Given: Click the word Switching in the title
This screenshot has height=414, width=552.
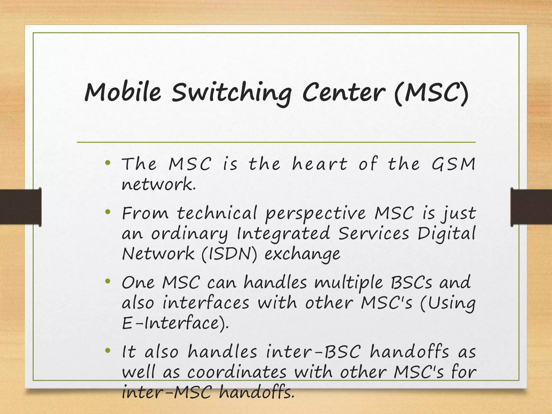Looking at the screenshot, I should [231, 93].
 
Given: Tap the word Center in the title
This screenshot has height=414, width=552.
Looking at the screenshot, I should [343, 92].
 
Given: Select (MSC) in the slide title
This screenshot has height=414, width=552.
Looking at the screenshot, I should [431, 92].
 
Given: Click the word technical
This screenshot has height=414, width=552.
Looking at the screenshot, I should [217, 213].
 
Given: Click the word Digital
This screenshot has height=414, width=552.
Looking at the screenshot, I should [446, 234].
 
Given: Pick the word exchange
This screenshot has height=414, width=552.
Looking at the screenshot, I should [302, 254].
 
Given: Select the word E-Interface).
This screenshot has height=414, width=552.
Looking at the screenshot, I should [175, 323].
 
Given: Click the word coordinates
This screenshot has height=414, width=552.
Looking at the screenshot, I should [237, 372].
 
